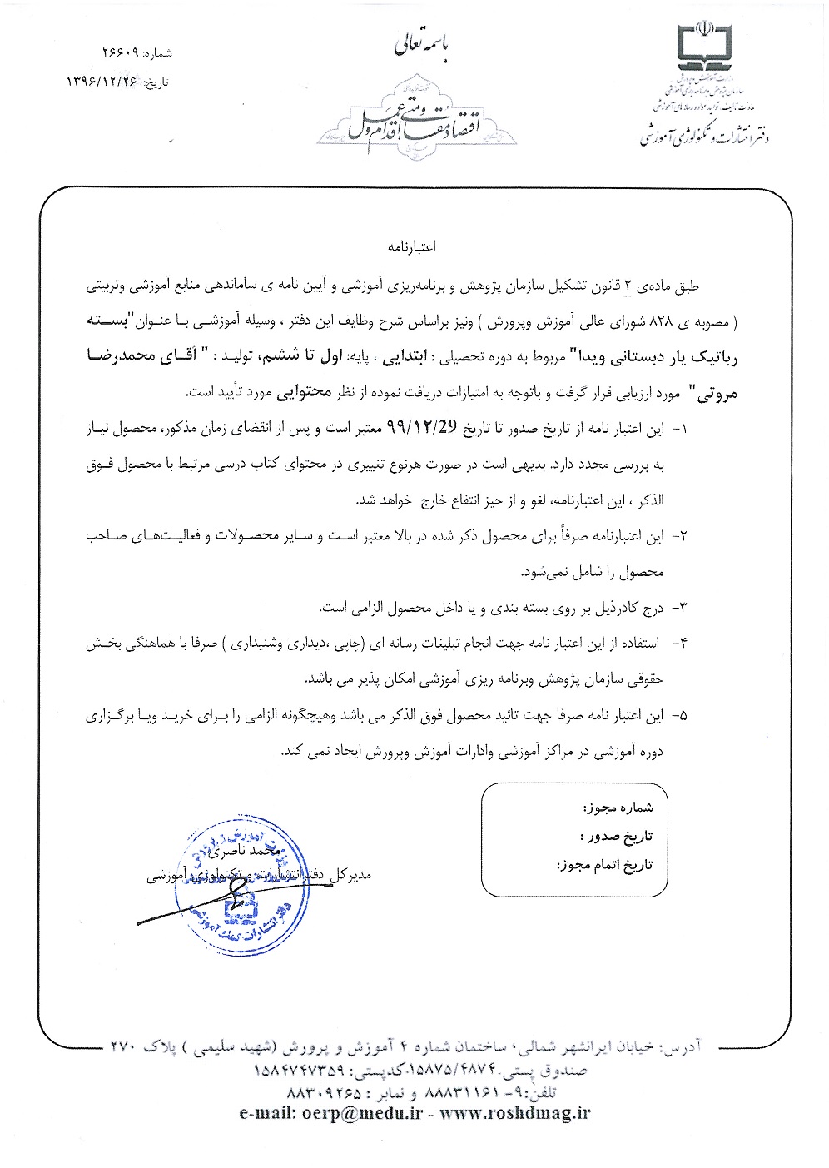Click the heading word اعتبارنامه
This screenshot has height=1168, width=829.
412,247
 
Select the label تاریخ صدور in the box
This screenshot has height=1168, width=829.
616,836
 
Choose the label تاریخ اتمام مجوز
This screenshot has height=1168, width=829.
605,865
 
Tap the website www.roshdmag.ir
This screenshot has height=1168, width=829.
515,1114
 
